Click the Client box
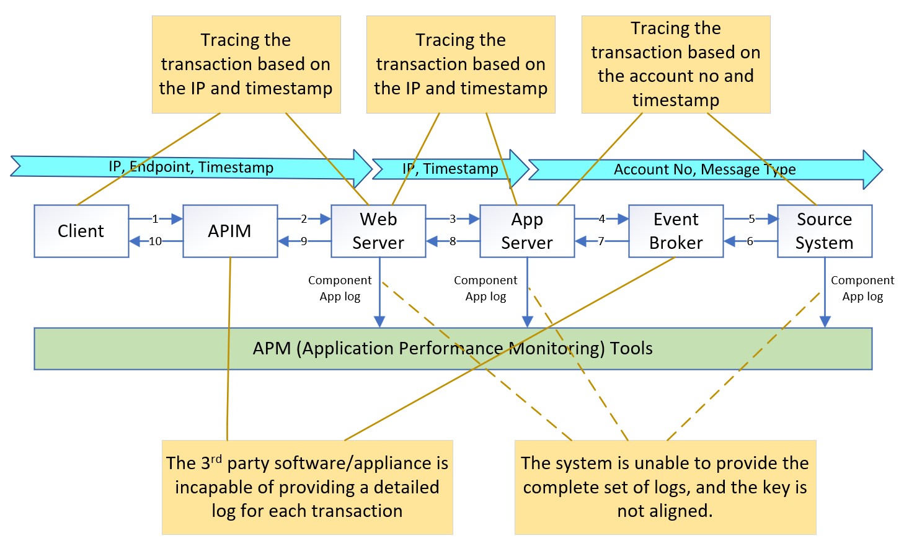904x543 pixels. tap(81, 231)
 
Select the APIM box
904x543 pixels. tap(229, 231)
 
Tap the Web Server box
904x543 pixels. tap(378, 231)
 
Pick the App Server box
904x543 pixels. tap(527, 231)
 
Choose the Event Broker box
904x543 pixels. tap(676, 231)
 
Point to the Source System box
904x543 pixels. tap(825, 231)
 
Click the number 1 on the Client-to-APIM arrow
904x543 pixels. tap(155, 219)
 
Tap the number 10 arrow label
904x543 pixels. tap(155, 241)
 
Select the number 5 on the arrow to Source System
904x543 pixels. tap(751, 219)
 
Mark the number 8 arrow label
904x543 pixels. tap(453, 241)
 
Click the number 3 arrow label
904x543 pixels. tap(453, 219)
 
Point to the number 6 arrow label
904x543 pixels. tap(750, 241)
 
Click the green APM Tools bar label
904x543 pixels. tap(453, 349)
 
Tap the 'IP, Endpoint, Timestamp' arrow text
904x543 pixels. tap(191, 168)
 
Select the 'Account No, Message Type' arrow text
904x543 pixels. tap(704, 170)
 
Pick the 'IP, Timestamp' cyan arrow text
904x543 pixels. tap(450, 169)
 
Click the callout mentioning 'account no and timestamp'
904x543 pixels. tap(676, 65)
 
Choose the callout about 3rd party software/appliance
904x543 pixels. tap(307, 487)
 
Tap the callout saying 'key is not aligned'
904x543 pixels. tap(665, 487)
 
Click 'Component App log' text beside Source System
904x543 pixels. tap(862, 289)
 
